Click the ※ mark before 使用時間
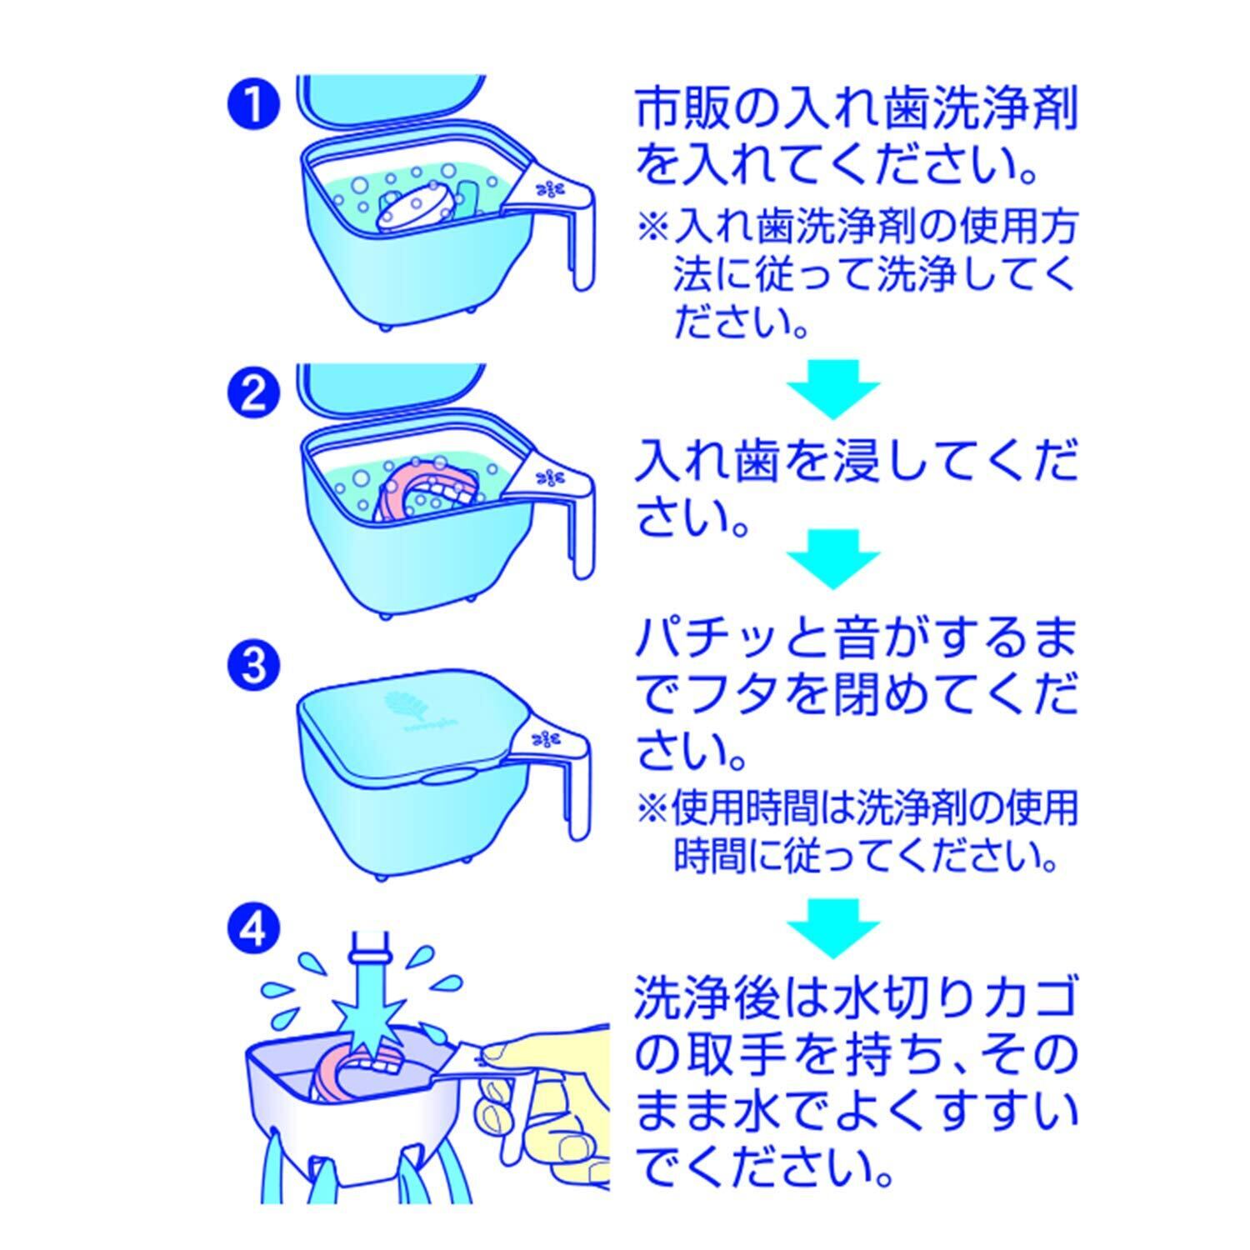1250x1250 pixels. click(x=653, y=807)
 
